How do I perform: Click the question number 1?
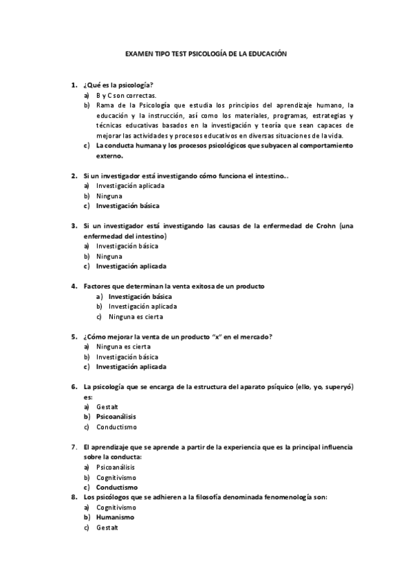(x=74, y=85)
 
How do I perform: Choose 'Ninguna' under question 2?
(x=109, y=196)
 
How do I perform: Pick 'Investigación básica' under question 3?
(x=127, y=246)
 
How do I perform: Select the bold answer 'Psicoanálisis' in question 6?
(x=116, y=417)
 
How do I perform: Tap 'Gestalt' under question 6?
(x=107, y=407)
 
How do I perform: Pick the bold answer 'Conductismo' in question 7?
(x=116, y=487)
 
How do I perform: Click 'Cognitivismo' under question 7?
(x=116, y=477)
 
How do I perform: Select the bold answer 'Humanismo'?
(x=115, y=517)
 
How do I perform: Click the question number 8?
(x=74, y=497)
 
